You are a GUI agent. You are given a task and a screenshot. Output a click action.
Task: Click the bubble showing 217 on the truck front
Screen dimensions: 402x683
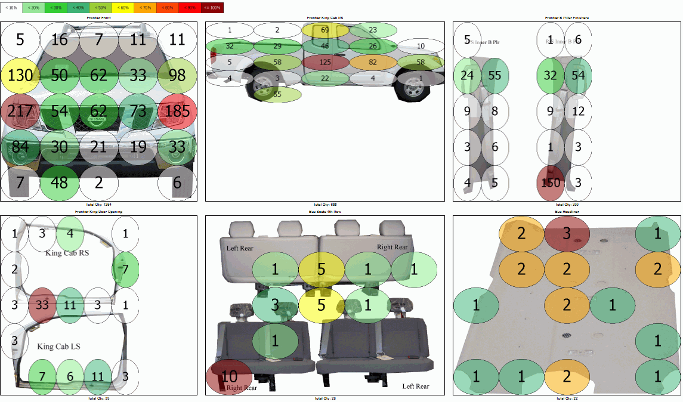point(20,111)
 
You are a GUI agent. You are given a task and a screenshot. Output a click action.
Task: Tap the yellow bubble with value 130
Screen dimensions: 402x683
point(20,75)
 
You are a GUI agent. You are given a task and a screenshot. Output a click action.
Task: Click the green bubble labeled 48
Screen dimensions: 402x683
point(60,183)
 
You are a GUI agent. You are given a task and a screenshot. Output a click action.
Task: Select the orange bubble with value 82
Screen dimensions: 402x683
point(373,62)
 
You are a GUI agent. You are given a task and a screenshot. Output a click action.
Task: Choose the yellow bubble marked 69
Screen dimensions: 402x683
point(325,30)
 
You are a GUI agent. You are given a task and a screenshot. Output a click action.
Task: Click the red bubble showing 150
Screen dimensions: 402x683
point(550,183)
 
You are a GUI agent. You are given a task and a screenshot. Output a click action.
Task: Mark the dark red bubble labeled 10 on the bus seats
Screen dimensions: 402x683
point(229,377)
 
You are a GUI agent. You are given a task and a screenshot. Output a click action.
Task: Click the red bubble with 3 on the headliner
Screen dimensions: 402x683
point(567,233)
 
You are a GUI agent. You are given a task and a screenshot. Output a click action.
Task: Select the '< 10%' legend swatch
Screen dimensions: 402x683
point(11,8)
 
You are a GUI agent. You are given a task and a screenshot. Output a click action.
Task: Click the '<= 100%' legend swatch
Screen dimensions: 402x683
point(212,8)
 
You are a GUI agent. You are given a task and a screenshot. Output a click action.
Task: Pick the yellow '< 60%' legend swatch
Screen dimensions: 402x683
point(123,8)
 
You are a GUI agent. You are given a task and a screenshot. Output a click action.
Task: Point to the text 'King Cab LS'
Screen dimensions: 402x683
point(58,347)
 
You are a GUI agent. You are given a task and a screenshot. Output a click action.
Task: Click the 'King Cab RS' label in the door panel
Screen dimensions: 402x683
point(67,253)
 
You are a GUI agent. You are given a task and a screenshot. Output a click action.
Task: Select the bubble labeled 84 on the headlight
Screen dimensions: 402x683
point(20,147)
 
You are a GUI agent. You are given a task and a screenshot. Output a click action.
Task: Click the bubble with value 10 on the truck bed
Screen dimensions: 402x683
point(421,46)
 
